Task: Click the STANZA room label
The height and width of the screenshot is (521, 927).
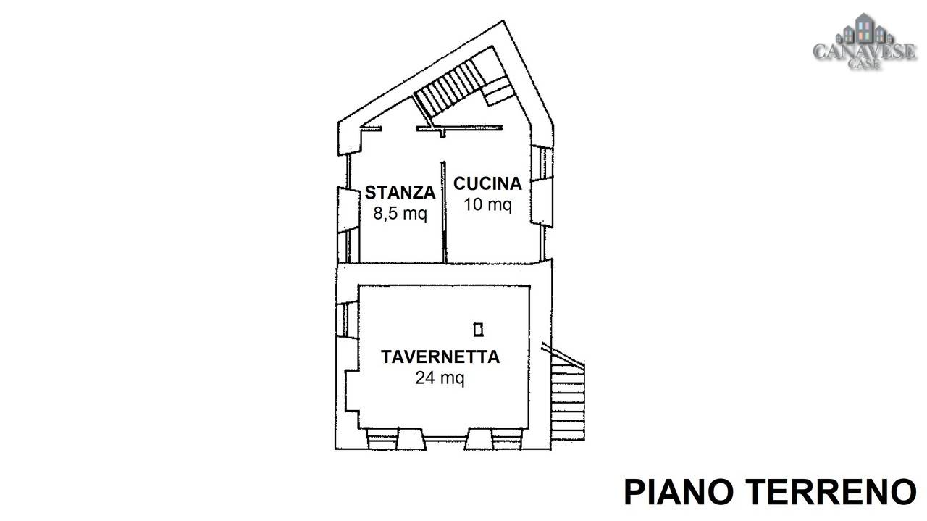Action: [x=400, y=193]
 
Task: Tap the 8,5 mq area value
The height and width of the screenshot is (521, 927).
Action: [x=400, y=214]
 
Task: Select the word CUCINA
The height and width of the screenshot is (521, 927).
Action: [x=487, y=184]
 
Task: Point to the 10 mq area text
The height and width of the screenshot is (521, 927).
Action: [x=487, y=204]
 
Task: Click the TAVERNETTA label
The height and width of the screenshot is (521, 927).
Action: [x=440, y=357]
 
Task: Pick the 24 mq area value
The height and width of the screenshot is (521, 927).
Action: [x=440, y=378]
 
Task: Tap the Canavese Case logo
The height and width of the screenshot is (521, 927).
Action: [x=865, y=41]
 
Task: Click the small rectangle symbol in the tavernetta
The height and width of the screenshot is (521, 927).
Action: [x=479, y=330]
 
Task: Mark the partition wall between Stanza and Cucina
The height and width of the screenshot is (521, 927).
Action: [x=444, y=212]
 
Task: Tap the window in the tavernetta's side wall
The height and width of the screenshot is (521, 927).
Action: [x=346, y=319]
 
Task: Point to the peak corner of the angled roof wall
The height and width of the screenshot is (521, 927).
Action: [x=503, y=21]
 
